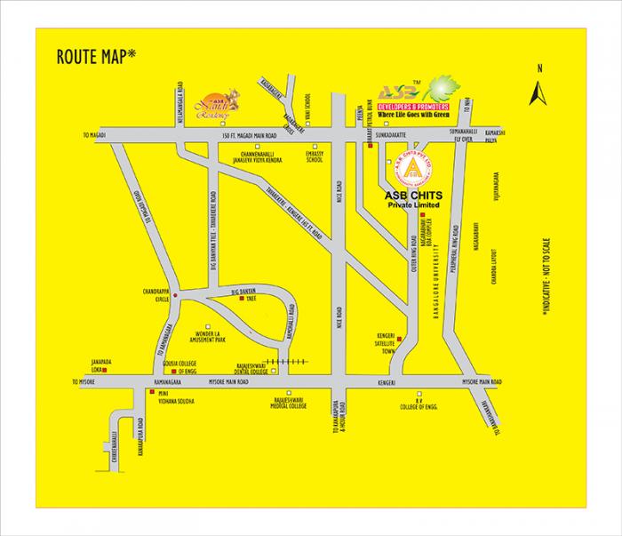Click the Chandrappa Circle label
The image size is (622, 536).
(x=152, y=293)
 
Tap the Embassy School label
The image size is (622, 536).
(x=315, y=157)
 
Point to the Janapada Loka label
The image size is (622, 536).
(x=104, y=364)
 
